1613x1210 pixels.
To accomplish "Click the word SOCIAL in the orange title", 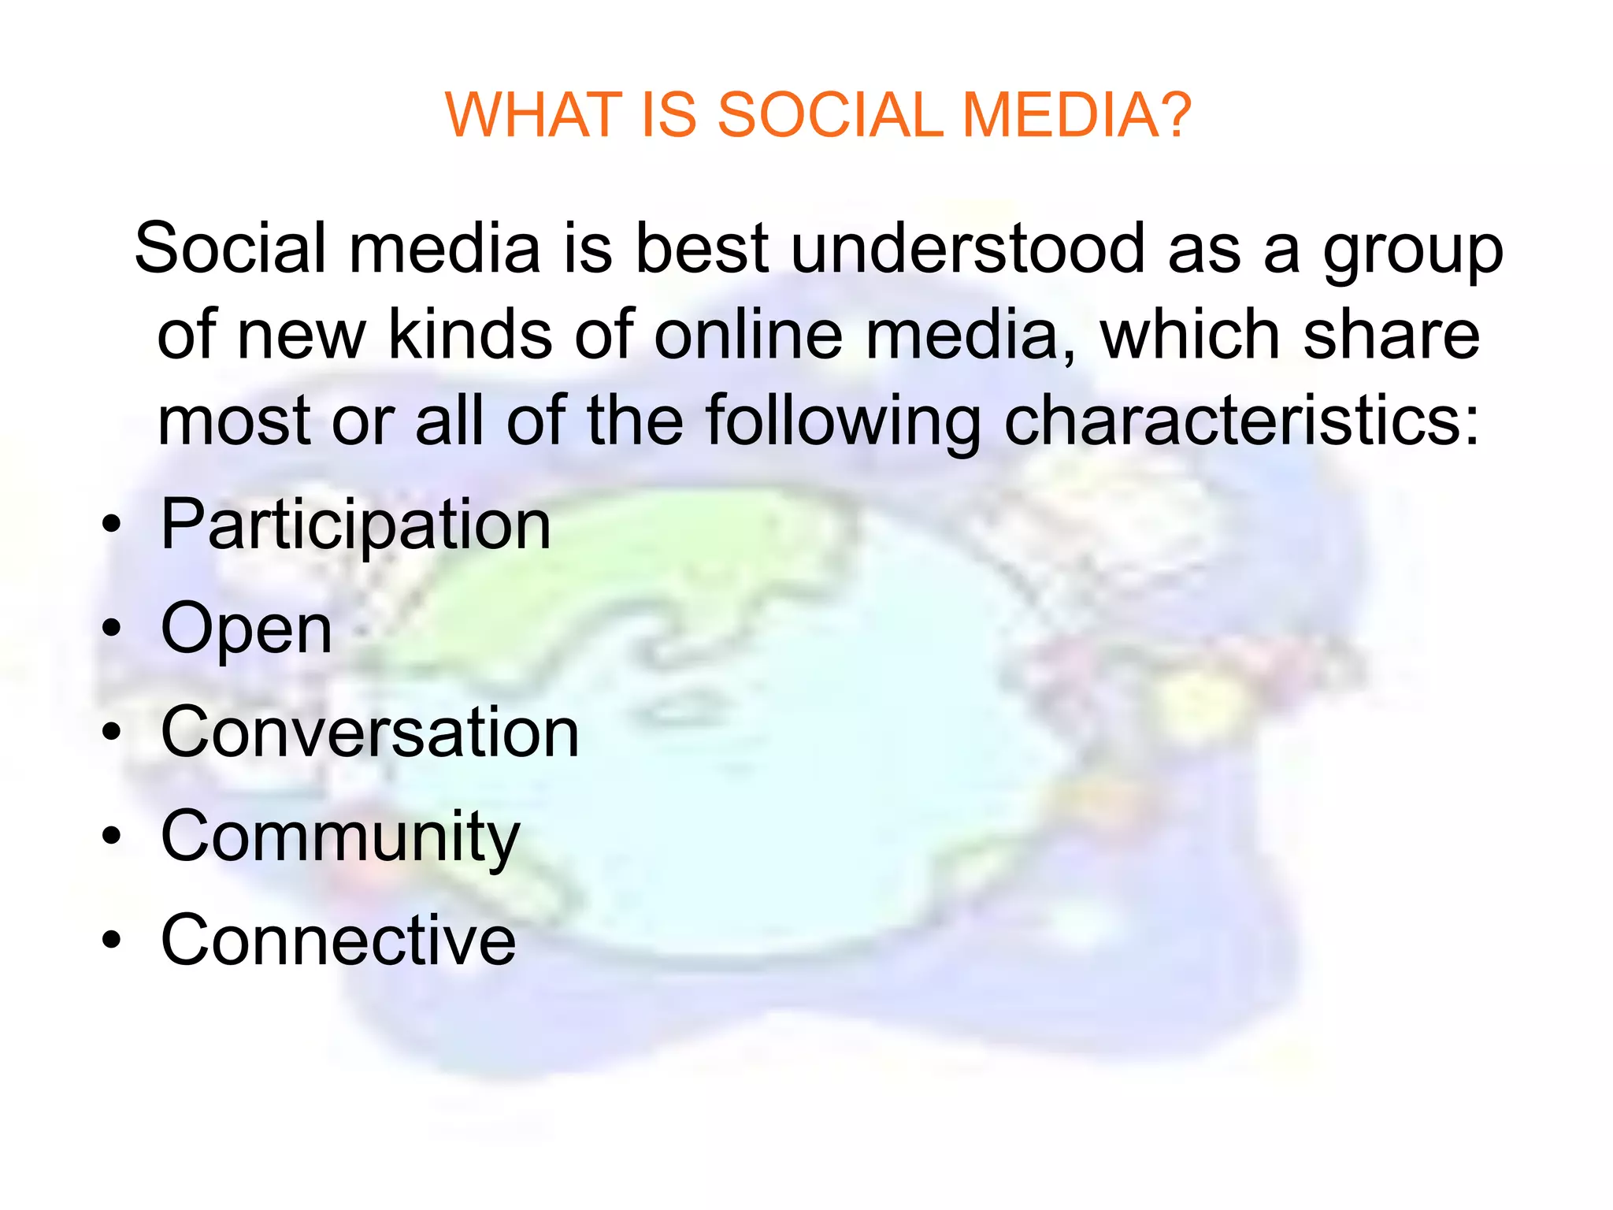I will coord(830,115).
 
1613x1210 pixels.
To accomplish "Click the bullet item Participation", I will coord(355,525).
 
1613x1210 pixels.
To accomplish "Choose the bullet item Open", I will coord(246,629).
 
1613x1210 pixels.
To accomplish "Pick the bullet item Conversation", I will coord(369,733).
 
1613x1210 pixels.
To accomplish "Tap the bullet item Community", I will coord(339,837).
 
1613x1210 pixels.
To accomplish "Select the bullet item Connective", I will coord(338,940).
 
